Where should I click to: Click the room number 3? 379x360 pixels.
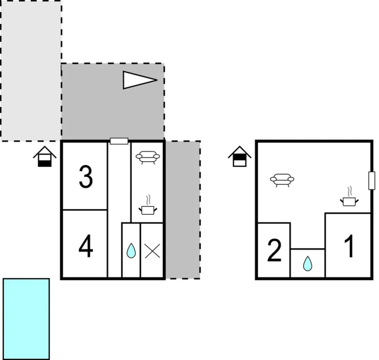86,177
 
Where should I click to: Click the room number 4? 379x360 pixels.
86,246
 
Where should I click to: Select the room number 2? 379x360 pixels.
275,250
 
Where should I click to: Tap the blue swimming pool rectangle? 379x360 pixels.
26,319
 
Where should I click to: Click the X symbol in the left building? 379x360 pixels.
152,251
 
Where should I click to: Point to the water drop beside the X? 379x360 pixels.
131,250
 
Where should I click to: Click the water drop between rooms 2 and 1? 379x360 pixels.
307,263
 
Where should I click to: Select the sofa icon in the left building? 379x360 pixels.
148,157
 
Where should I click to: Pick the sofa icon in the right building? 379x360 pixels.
282,180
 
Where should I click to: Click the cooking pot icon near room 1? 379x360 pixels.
349,196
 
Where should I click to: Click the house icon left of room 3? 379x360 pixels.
45,157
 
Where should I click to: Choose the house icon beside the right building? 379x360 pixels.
239,157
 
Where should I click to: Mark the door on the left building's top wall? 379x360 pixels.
119,141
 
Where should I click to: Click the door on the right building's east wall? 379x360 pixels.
372,180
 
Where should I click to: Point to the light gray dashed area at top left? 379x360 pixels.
31,71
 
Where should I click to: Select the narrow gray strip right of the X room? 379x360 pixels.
183,210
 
